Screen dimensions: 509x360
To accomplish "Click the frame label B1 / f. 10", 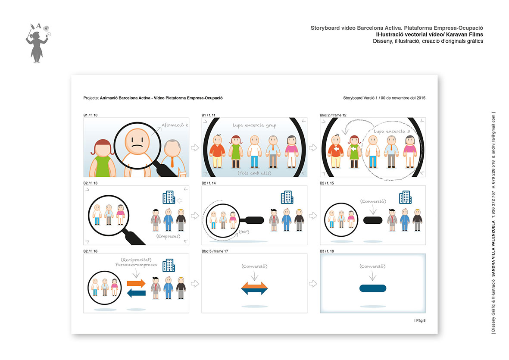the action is tap(90, 115).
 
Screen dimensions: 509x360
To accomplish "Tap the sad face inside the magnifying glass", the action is tap(137, 141).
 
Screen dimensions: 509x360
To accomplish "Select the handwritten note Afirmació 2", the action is tap(175, 125).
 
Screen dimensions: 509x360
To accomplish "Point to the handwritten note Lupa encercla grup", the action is tap(254, 125).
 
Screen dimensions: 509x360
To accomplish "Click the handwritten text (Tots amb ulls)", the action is tap(254, 173).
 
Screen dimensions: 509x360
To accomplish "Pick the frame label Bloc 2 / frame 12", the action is tap(333, 115).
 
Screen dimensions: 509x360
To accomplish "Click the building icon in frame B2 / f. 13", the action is tap(169, 197).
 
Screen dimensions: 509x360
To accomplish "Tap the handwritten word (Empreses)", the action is tap(168, 236).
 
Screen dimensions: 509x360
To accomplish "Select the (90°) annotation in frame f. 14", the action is tap(244, 232).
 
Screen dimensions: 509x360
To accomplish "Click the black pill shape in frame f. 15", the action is tap(373, 220).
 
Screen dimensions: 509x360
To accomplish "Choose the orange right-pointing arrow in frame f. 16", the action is tap(136, 283).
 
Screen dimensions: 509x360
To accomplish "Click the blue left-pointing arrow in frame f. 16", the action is tap(136, 293).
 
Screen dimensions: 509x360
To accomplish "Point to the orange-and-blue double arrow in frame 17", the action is tap(254, 288).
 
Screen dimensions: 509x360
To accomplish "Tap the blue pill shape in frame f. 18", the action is tap(373, 288).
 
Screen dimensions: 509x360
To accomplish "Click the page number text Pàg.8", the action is tap(420, 320).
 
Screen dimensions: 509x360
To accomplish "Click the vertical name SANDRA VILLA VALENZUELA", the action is tap(493, 248).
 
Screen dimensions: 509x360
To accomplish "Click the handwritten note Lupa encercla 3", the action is tap(391, 131).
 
